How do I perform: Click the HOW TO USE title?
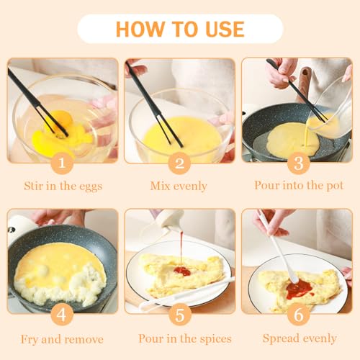tap(180, 29)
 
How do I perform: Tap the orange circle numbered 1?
tap(61, 163)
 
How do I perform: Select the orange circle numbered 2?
tap(179, 163)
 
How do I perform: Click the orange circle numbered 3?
tap(297, 163)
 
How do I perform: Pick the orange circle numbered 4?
tap(61, 315)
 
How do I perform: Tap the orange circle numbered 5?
tap(179, 315)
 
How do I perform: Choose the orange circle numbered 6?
tap(297, 315)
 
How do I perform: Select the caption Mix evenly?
tap(179, 186)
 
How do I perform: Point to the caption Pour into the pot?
tap(297, 185)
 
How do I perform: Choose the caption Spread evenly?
tap(299, 338)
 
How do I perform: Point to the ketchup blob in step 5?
tap(181, 271)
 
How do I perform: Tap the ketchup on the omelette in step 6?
tap(299, 289)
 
